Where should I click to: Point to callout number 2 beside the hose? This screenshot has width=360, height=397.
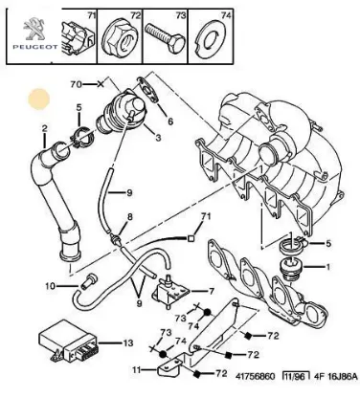(44, 127)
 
